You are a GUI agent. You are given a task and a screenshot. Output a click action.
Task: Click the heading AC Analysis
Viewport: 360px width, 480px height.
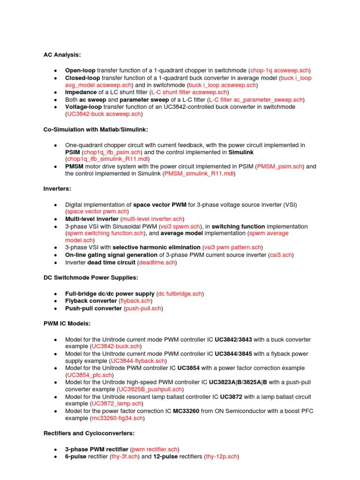point(62,55)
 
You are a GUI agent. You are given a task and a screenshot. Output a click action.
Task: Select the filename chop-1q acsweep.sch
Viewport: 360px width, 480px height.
point(279,70)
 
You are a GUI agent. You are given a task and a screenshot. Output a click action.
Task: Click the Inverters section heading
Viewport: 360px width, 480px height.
point(57,189)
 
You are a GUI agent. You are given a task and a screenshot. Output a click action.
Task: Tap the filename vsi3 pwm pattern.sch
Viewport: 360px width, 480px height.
point(232,247)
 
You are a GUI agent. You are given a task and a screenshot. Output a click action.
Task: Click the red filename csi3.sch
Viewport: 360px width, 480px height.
point(280,255)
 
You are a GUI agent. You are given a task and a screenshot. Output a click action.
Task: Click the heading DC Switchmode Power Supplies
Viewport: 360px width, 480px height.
point(91,277)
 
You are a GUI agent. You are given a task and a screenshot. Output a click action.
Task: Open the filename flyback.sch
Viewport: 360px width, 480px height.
point(135,301)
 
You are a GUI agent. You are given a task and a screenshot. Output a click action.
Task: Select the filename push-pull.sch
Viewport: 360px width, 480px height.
point(143,308)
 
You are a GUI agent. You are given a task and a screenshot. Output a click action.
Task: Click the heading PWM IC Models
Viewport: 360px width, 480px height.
point(67,323)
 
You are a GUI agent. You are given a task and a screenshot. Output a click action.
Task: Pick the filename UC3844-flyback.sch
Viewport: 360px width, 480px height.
point(138,361)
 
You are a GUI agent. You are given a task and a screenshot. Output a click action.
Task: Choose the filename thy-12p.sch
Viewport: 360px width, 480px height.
point(222,457)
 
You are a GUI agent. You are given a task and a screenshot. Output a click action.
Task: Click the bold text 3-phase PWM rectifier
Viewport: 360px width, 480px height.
point(97,449)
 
